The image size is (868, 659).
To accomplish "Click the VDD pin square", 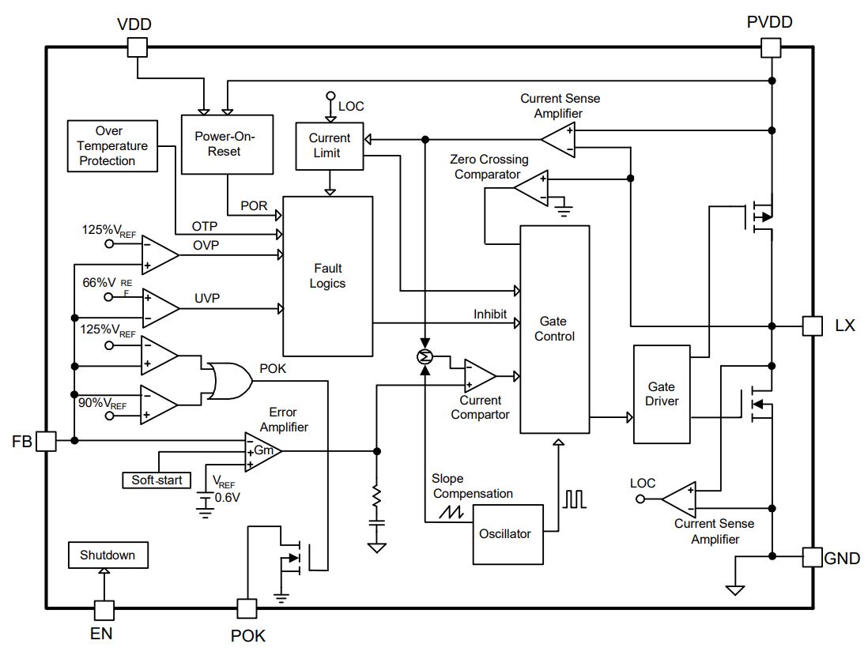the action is (138, 47).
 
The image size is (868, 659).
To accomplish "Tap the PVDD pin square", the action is (771, 47).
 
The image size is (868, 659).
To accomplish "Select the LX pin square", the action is (812, 326).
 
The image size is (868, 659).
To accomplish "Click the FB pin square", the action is (46, 441).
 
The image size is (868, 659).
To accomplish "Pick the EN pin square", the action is (104, 610).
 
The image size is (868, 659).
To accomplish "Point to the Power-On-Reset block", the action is (227, 145).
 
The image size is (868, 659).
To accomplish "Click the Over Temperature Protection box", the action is (112, 146).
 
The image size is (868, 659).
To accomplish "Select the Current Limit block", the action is (330, 145).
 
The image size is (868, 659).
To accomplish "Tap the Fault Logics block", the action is (328, 276).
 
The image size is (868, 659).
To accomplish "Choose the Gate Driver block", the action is (662, 394).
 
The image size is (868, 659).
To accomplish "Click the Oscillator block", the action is (508, 534).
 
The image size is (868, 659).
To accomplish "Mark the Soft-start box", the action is (156, 480).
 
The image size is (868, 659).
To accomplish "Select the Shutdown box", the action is (108, 555).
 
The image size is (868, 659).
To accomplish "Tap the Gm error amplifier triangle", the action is (263, 451).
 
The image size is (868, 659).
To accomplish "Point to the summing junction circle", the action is (425, 357).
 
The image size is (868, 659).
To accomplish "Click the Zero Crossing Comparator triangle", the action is (531, 188).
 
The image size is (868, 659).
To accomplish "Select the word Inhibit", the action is (490, 314).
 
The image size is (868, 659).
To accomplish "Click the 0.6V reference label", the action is (228, 498).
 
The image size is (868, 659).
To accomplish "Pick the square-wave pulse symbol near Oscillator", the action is (575, 499).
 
